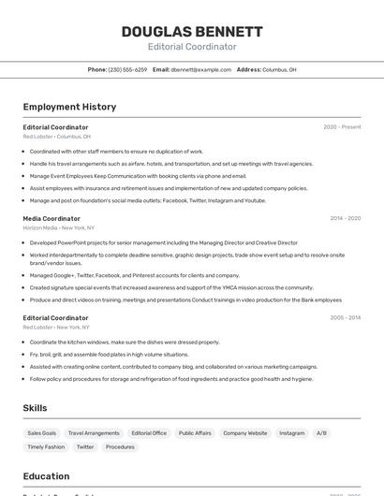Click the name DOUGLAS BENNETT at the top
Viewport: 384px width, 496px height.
point(192,31)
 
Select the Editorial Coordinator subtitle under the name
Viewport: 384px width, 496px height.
point(192,47)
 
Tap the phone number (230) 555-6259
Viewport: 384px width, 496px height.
point(127,69)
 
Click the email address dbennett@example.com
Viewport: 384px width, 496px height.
point(200,69)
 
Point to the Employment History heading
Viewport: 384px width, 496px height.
point(69,107)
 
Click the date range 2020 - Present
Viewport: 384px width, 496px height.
point(342,127)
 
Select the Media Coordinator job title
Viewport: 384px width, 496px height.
point(52,218)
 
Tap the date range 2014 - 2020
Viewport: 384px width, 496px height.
point(345,218)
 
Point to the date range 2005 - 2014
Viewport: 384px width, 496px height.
point(345,317)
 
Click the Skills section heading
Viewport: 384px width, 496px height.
point(35,408)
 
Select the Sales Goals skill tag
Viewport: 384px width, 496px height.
point(41,433)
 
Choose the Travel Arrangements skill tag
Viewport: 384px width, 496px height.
point(94,433)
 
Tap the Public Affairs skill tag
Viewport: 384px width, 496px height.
point(195,433)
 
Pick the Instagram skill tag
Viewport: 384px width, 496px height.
point(291,433)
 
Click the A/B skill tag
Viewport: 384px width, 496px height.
point(321,433)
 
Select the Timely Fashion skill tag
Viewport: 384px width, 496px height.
point(46,447)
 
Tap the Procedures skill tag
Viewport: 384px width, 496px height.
point(120,447)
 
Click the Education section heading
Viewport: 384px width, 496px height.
point(46,476)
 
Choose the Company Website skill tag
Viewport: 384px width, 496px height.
point(245,433)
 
